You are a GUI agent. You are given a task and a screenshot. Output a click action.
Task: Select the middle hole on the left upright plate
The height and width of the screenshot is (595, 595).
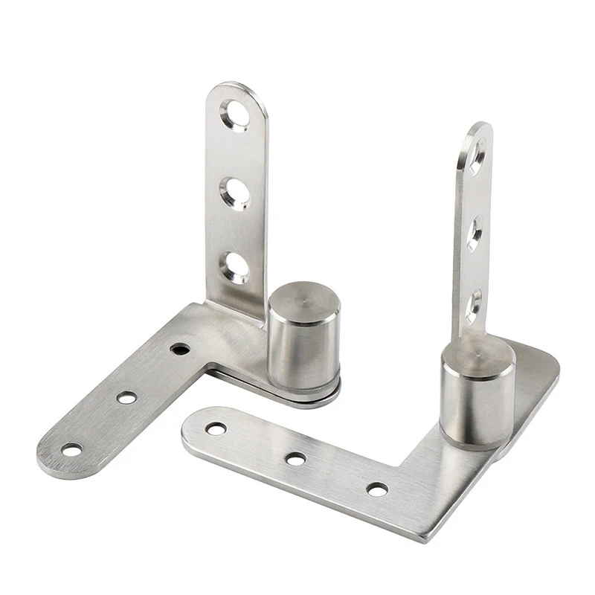tap(236, 191)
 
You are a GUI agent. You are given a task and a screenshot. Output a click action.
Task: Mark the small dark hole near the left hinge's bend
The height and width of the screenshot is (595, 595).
tap(179, 348)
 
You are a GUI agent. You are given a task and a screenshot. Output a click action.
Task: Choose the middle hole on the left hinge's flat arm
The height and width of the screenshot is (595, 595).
tap(127, 398)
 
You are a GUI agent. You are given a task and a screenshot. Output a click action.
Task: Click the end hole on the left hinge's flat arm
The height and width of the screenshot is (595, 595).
tap(72, 449)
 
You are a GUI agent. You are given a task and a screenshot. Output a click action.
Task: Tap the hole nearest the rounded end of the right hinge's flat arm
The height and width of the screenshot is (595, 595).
tap(216, 429)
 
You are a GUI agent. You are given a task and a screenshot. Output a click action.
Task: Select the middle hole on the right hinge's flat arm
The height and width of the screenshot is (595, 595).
tap(296, 459)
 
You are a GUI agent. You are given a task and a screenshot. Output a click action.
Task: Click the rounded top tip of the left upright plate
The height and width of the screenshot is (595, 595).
tap(237, 88)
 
